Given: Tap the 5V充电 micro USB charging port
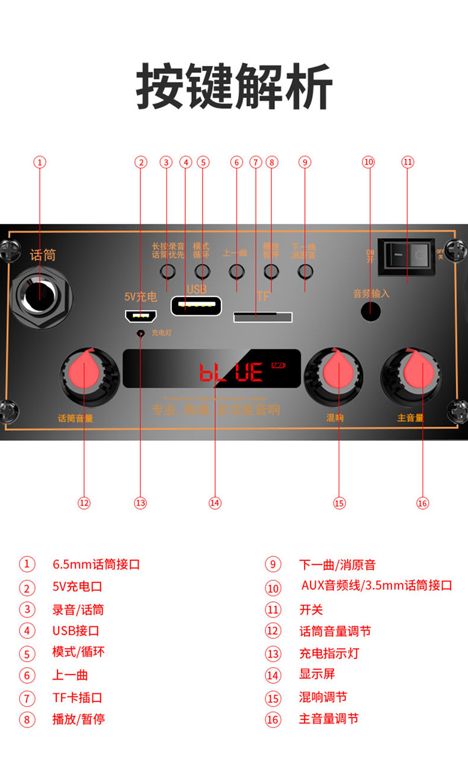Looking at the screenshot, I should (x=140, y=315).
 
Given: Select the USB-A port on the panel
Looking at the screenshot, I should (x=196, y=306).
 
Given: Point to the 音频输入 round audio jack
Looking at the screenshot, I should (x=371, y=311).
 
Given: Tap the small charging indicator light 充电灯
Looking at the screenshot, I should (x=140, y=334).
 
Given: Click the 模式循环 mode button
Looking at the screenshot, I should (x=203, y=272).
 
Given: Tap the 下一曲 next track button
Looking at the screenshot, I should (x=305, y=272).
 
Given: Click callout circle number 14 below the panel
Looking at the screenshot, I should (x=215, y=503).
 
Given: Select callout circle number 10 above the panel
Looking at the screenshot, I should (x=368, y=162).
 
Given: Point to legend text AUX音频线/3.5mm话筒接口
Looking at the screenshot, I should (x=376, y=586).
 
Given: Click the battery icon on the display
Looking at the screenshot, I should (x=278, y=365).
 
